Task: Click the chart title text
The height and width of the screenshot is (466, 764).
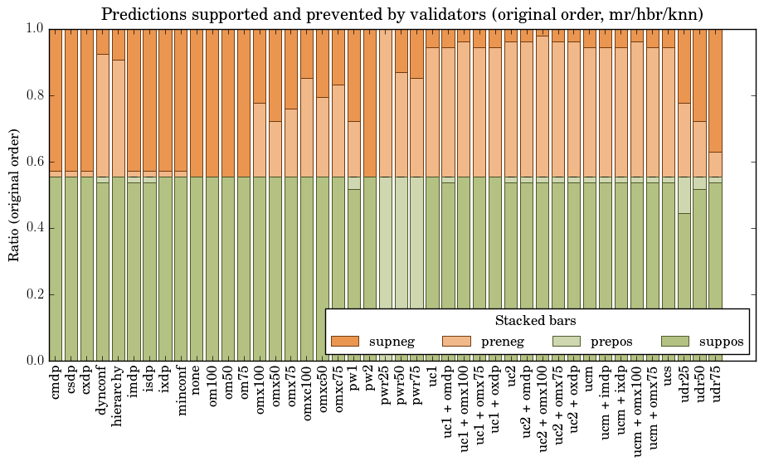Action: tap(402, 14)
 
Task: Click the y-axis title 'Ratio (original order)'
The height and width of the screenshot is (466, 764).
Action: tap(14, 194)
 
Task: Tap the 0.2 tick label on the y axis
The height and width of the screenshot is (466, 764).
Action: tap(34, 294)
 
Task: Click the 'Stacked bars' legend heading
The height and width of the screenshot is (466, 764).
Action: tap(535, 321)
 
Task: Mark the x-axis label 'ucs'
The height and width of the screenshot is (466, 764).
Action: tap(668, 380)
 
